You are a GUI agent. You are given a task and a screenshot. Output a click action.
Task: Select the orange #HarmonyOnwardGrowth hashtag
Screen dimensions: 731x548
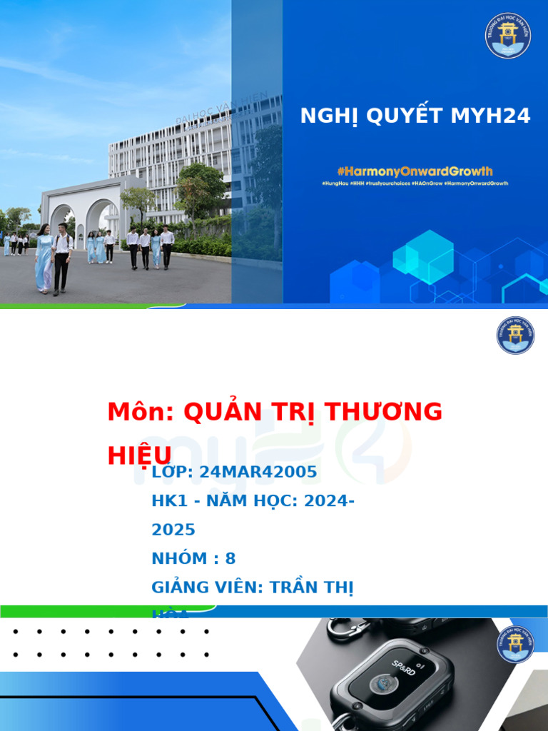point(415,171)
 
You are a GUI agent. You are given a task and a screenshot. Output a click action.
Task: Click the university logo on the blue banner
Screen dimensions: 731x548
point(508,36)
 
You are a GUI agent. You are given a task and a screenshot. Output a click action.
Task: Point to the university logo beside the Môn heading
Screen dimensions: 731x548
point(515,336)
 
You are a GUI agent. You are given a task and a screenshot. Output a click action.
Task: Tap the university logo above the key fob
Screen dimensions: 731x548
point(515,645)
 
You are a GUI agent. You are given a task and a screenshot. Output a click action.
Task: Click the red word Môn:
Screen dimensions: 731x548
point(141,412)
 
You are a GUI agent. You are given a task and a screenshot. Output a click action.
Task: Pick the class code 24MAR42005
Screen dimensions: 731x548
point(258,472)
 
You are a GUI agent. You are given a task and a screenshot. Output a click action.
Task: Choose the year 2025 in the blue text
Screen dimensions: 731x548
point(173,530)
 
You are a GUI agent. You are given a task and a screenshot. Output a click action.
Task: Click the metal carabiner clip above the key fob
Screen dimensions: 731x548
point(348,629)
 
